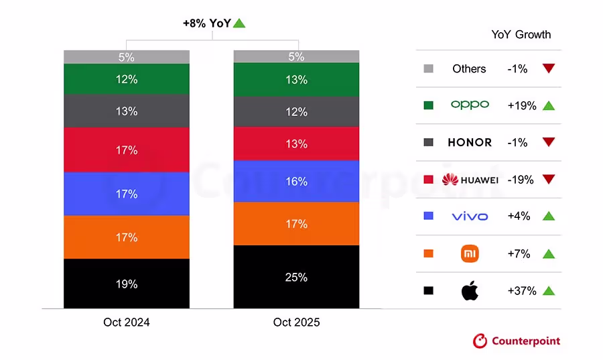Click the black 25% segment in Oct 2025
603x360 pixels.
[x=296, y=277]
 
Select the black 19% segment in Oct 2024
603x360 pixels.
[x=126, y=284]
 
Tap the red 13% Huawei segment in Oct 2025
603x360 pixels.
[x=296, y=143]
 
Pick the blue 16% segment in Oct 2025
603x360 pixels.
[x=296, y=181]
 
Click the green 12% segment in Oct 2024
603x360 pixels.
[x=126, y=79]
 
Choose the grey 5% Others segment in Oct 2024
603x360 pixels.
[x=126, y=57]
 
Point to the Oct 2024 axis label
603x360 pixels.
[x=126, y=322]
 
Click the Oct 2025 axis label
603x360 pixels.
[x=296, y=322]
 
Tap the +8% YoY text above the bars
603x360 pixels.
[x=207, y=23]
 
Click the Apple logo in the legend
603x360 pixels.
[x=469, y=291]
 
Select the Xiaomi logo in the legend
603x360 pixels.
[x=469, y=253]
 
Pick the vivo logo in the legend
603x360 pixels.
[x=469, y=217]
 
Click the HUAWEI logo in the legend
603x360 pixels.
[x=470, y=180]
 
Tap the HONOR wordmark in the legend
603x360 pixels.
[x=469, y=143]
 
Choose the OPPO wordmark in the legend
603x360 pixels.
[x=469, y=105]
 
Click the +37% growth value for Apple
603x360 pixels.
[x=522, y=291]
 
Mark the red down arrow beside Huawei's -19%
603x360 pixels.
[x=549, y=180]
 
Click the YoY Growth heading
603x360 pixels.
[x=521, y=35]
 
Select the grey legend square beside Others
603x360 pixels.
[x=429, y=68]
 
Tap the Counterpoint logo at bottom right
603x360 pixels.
[x=516, y=341]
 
